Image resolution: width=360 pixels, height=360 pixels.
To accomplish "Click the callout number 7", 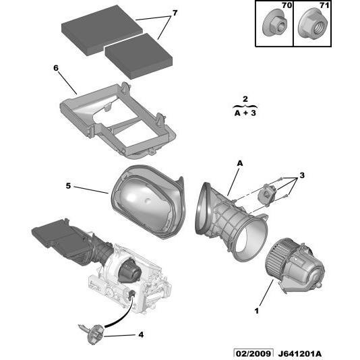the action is (175, 13).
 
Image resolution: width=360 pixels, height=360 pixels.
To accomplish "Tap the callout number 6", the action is (56, 68).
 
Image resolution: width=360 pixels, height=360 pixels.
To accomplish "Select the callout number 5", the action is (68, 186).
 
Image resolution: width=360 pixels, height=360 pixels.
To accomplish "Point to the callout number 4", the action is (141, 334).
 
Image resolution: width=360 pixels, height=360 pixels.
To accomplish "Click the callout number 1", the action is (257, 311).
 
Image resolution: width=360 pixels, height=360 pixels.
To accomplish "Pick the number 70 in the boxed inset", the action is (287, 5).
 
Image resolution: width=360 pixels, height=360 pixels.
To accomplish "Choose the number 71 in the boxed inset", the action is (324, 5).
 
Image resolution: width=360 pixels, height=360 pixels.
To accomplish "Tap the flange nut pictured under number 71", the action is (313, 24).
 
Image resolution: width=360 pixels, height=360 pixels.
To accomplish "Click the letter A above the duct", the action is (240, 163).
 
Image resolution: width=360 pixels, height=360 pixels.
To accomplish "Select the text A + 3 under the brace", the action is (245, 113).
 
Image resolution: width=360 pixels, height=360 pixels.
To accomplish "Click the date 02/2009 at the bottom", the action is (253, 353).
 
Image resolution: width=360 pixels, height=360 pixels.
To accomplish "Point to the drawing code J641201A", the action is (299, 354).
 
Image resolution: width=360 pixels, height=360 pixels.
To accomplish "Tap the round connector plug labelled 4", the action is (94, 334).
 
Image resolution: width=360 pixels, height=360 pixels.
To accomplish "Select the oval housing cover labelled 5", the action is (148, 202).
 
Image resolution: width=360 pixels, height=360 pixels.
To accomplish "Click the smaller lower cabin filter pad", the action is (139, 56).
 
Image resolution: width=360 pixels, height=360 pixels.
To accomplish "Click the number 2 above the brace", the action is (245, 99).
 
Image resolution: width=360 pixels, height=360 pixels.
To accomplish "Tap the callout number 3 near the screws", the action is (302, 175).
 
